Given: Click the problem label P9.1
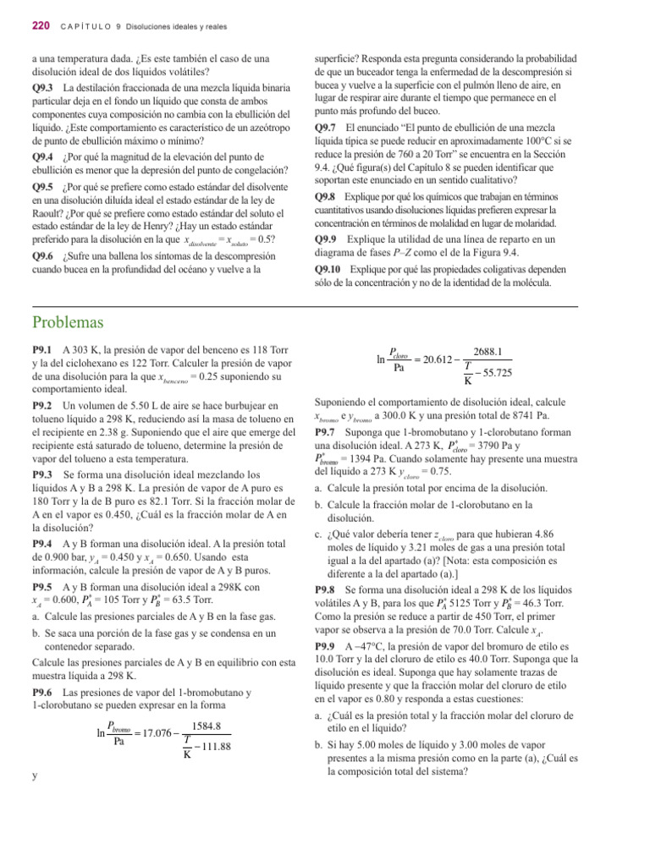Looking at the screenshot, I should [42, 349].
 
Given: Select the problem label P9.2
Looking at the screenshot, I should [42, 407].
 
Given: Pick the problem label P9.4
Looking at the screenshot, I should [42, 541].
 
